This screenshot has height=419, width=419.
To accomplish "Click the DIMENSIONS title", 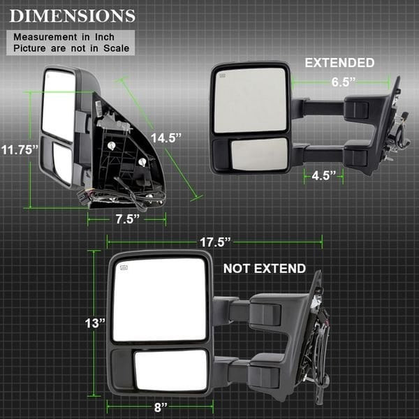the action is pyautogui.click(x=73, y=16).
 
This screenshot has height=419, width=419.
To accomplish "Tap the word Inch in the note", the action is pyautogui.click(x=105, y=37).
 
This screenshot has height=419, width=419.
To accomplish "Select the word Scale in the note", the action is pyautogui.click(x=116, y=48).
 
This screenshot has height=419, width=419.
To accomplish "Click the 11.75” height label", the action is pyautogui.click(x=20, y=149).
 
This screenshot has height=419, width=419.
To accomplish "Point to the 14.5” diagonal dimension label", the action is pyautogui.click(x=166, y=138).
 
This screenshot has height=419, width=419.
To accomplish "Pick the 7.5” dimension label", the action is pyautogui.click(x=128, y=219).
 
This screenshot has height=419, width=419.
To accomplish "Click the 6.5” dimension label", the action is pyautogui.click(x=344, y=82).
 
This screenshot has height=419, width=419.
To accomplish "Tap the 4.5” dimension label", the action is pyautogui.click(x=323, y=175).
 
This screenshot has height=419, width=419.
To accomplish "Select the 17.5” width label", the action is pyautogui.click(x=215, y=242).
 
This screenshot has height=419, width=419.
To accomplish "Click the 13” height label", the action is pyautogui.click(x=95, y=323).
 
